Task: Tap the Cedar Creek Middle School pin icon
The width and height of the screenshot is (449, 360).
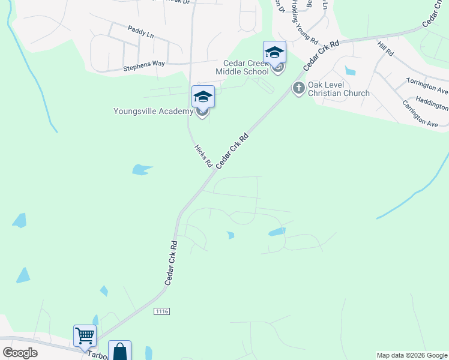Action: pos(274,53)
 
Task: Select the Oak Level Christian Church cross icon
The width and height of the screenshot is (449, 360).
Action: pos(298,89)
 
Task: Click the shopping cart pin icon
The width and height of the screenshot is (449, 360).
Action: pos(85,337)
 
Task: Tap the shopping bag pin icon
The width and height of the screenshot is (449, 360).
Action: pos(119,352)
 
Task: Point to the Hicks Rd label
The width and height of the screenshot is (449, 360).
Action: pos(203,155)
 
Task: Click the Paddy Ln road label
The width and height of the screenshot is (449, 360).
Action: pos(140,31)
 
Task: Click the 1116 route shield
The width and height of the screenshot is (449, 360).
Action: pos(162,311)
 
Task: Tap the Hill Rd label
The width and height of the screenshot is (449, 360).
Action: pos(385,49)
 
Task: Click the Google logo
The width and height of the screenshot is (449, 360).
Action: pos(20,353)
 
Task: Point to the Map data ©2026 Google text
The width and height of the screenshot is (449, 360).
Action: pos(412,355)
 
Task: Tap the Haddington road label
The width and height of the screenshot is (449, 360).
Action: pos(432,104)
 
